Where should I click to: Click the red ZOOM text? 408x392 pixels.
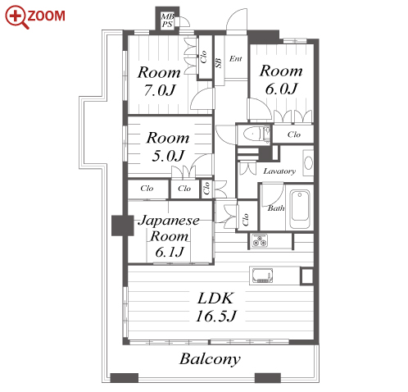pyautogui.click(x=46, y=16)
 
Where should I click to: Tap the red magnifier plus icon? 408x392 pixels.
pyautogui.click(x=16, y=16)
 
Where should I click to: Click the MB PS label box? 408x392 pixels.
pyautogui.click(x=167, y=21)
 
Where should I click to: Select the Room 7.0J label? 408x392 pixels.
pyautogui.click(x=159, y=81)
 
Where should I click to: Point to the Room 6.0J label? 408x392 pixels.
pyautogui.click(x=281, y=80)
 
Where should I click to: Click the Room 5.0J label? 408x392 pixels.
pyautogui.click(x=168, y=147)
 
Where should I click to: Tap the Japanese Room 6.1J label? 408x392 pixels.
pyautogui.click(x=169, y=236)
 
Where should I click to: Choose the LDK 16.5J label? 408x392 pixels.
pyautogui.click(x=215, y=307)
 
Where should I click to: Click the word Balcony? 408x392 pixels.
pyautogui.click(x=210, y=359)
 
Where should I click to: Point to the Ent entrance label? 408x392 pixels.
pyautogui.click(x=236, y=58)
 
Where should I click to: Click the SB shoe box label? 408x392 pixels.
pyautogui.click(x=219, y=63)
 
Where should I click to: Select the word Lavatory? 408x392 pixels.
pyautogui.click(x=279, y=171)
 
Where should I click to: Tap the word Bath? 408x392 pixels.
pyautogui.click(x=276, y=208)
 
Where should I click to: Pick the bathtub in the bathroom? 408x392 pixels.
pyautogui.click(x=300, y=210)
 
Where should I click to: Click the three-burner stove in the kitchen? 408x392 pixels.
pyautogui.click(x=260, y=240)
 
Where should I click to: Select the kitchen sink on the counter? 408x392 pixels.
pyautogui.click(x=262, y=276)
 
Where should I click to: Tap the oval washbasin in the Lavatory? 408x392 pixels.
pyautogui.click(x=309, y=163)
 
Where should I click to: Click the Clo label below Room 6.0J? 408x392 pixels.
pyautogui.click(x=294, y=134)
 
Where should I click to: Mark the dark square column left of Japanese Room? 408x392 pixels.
pyautogui.click(x=123, y=226)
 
